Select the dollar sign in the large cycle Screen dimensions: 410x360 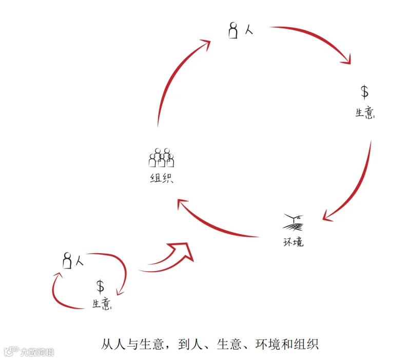364,92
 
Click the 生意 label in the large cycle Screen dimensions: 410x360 365,113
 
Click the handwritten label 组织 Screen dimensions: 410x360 161,179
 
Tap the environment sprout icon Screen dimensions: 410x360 294,223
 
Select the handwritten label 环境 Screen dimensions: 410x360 293,241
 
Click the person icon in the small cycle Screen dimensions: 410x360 67,261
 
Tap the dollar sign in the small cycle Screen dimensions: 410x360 101,287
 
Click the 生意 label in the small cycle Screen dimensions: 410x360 102,304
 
